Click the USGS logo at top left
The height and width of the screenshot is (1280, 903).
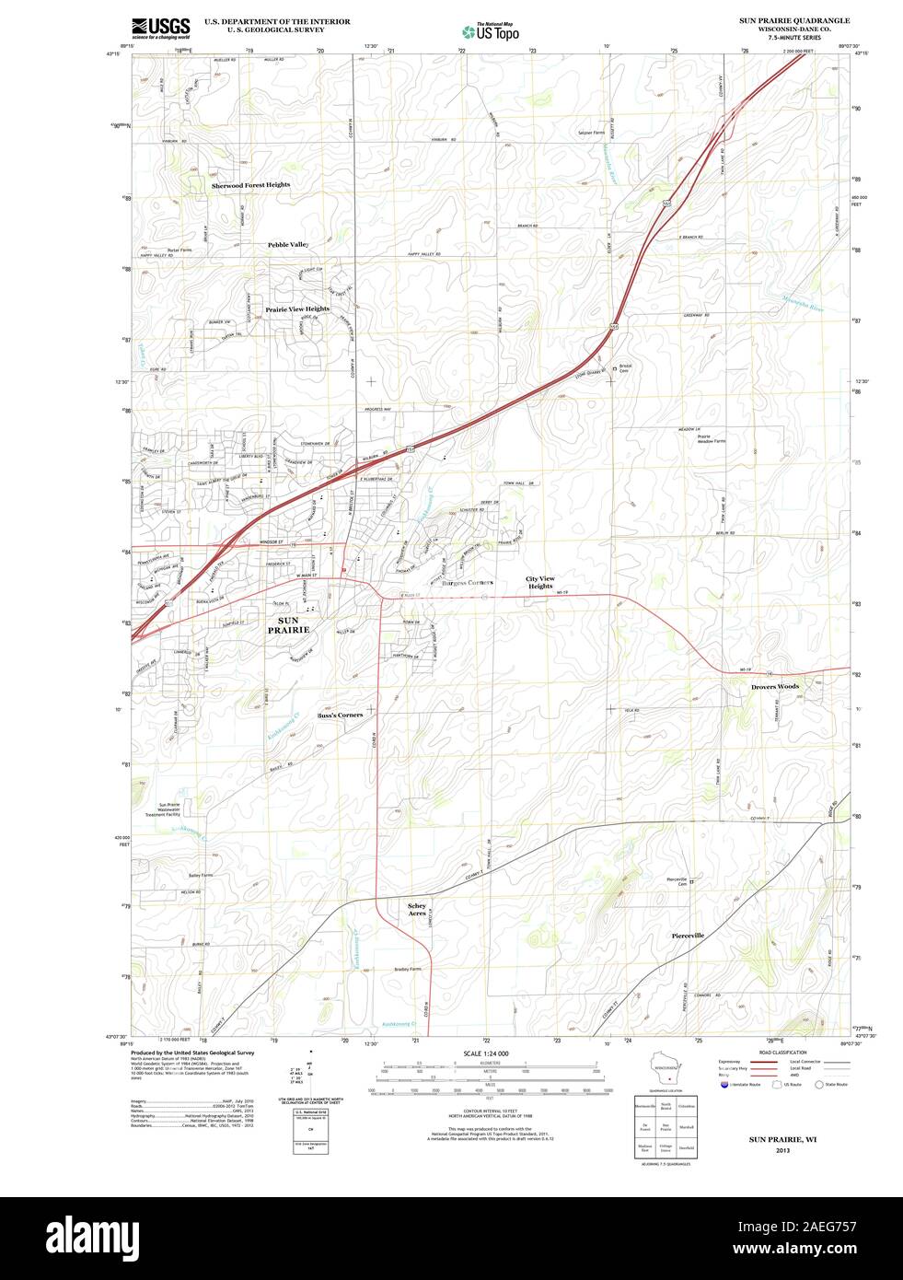pyautogui.click(x=160, y=28)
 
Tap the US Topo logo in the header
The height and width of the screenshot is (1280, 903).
pyautogui.click(x=491, y=31)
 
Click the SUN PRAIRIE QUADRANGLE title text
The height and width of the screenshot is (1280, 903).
pyautogui.click(x=794, y=19)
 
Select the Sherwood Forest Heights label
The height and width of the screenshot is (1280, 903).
pyautogui.click(x=250, y=185)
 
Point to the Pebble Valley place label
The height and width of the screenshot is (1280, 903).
pyautogui.click(x=288, y=245)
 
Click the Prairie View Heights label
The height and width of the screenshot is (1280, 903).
pyautogui.click(x=297, y=309)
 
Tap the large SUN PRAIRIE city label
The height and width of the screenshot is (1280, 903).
pyautogui.click(x=288, y=625)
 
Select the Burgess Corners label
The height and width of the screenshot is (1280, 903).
pyautogui.click(x=467, y=583)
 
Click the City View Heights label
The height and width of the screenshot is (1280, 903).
pyautogui.click(x=540, y=582)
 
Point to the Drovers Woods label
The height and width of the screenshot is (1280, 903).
pyautogui.click(x=775, y=687)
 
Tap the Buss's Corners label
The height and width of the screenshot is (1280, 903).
pyautogui.click(x=340, y=715)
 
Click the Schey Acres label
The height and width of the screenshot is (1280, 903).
pyautogui.click(x=417, y=910)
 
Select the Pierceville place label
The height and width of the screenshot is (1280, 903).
pyautogui.click(x=688, y=935)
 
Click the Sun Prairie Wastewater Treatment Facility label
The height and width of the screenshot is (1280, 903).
pyautogui.click(x=168, y=809)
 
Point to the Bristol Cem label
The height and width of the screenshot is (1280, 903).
pyautogui.click(x=625, y=367)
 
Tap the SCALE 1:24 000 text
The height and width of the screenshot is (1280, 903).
pyautogui.click(x=486, y=1053)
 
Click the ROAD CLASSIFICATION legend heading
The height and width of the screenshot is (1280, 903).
pyautogui.click(x=782, y=1053)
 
